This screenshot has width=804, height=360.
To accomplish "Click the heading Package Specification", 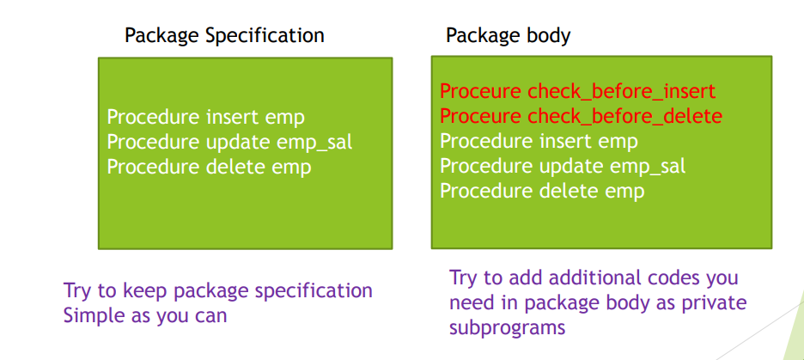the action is pos(224,36).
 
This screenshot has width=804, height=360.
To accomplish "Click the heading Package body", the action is pos(508,36).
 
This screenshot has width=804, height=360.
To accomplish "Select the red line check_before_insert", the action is pos(577,92).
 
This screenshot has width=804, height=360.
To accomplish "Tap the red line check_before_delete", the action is pos(581,116).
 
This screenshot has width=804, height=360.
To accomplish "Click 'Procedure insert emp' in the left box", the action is pos(205,118).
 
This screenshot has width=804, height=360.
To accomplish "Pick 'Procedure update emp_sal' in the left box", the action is pos(229,142).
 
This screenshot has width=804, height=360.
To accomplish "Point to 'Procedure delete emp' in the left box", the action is pos(210,167).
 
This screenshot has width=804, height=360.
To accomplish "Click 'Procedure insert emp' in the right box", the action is pos(539,141).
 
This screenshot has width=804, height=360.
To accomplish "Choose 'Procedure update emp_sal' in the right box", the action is pos(563,166).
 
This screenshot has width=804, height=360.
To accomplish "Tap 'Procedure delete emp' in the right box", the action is pos(542,191).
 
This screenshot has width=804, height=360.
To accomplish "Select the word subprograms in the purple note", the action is pos(507,327).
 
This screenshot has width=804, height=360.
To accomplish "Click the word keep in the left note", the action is pos(146,290).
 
